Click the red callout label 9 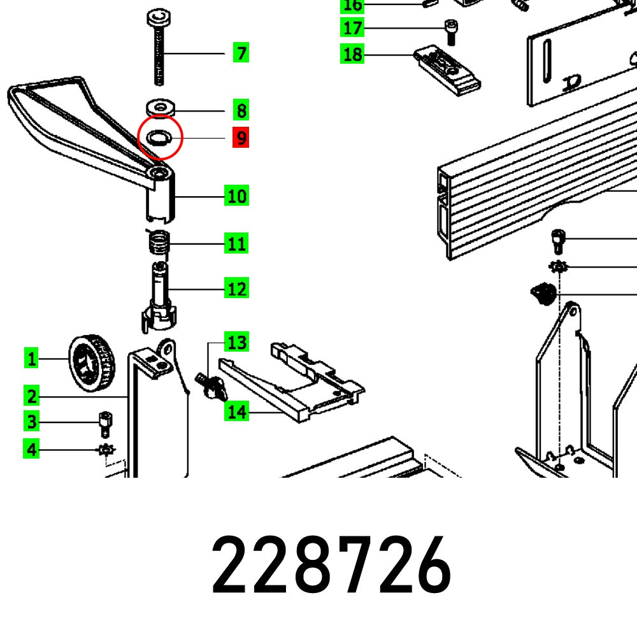241,138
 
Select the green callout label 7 241,53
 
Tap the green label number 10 236,196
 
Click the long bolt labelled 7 158,51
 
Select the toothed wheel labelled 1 90,363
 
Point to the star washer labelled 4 105,450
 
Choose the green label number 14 236,412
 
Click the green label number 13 236,343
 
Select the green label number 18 352,55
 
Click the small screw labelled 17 450,31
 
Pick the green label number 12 236,289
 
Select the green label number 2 31,396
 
